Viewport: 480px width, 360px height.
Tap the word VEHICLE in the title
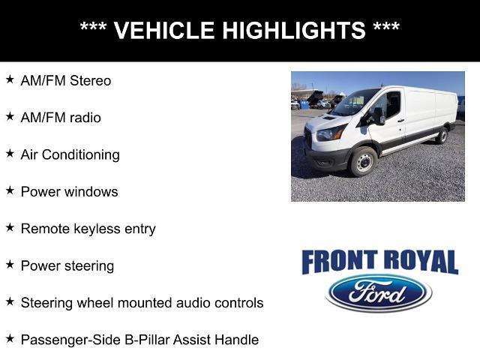pyautogui.click(x=160, y=31)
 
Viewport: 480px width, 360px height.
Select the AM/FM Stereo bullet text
pyautogui.click(x=66, y=81)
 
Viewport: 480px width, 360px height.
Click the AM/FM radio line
pyautogui.click(x=61, y=118)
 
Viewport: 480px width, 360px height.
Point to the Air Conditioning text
pyautogui.click(x=70, y=154)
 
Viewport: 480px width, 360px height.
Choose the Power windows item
pyautogui.click(x=70, y=191)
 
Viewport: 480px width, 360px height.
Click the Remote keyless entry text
pyautogui.click(x=88, y=229)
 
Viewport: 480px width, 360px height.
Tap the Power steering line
pyautogui.click(x=67, y=265)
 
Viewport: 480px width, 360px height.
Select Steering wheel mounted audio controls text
pyautogui.click(x=142, y=302)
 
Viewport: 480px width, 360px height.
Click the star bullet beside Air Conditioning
pyautogui.click(x=10, y=153)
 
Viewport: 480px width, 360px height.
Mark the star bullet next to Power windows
pyautogui.click(x=10, y=190)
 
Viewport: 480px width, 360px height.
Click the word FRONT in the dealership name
pyautogui.click(x=337, y=262)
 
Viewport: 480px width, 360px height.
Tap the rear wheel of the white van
pyautogui.click(x=442, y=135)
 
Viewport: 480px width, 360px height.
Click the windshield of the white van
pyautogui.click(x=355, y=103)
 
